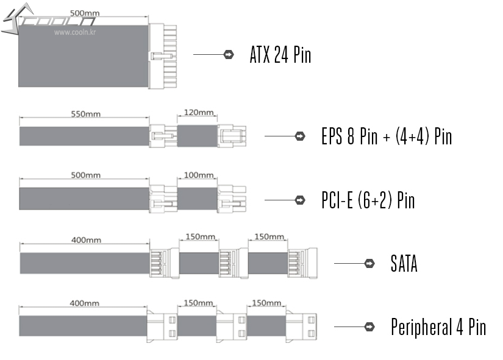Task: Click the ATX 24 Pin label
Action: click(280, 55)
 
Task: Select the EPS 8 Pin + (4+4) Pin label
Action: click(387, 136)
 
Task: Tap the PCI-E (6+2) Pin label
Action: click(368, 200)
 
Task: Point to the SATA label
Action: click(404, 264)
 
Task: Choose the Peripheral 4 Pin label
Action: click(438, 327)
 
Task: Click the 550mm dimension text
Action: click(85, 113)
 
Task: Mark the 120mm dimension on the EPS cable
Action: click(198, 113)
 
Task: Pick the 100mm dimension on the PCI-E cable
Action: click(198, 175)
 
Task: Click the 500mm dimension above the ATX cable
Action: click(85, 13)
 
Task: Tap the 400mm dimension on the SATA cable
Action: click(85, 239)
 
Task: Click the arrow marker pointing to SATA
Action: click(369, 264)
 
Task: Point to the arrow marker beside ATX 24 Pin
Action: click(229, 55)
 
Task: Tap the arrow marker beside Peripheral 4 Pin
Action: click(369, 327)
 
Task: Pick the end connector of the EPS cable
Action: click(232, 135)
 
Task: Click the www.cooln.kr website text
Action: click(76, 32)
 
